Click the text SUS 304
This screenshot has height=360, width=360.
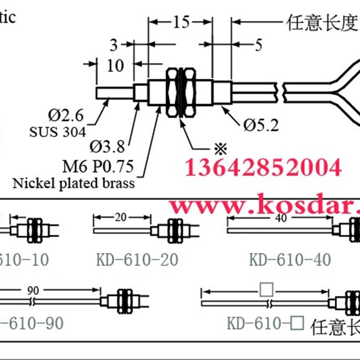(x=58, y=132)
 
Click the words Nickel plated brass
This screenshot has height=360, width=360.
(x=73, y=183)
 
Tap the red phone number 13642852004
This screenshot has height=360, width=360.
(x=263, y=168)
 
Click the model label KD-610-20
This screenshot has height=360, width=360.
(x=137, y=260)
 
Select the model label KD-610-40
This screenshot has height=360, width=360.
(x=290, y=259)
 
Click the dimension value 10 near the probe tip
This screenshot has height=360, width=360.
(x=116, y=66)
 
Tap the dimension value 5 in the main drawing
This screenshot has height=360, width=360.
(x=258, y=45)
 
